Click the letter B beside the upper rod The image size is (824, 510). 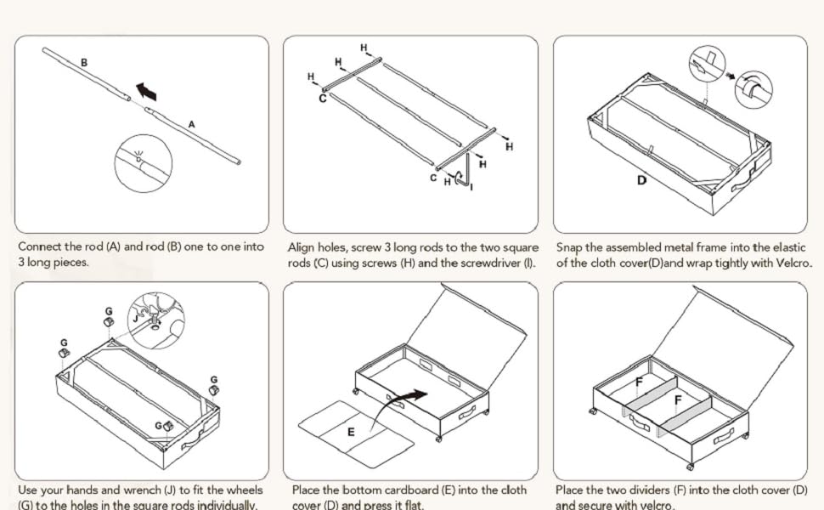click(84, 63)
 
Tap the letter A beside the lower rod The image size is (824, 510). click(191, 125)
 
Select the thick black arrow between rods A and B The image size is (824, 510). click(146, 91)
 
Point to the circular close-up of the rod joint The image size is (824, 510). click(143, 163)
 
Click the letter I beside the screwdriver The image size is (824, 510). click(471, 187)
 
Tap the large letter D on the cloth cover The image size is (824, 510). click(641, 180)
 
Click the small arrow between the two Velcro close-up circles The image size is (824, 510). click(730, 76)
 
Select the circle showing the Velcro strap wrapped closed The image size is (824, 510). click(753, 90)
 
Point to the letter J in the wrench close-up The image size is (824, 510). click(136, 318)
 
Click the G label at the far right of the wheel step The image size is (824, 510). click(214, 380)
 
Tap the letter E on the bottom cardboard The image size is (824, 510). click(351, 432)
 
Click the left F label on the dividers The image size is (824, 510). click(639, 382)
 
